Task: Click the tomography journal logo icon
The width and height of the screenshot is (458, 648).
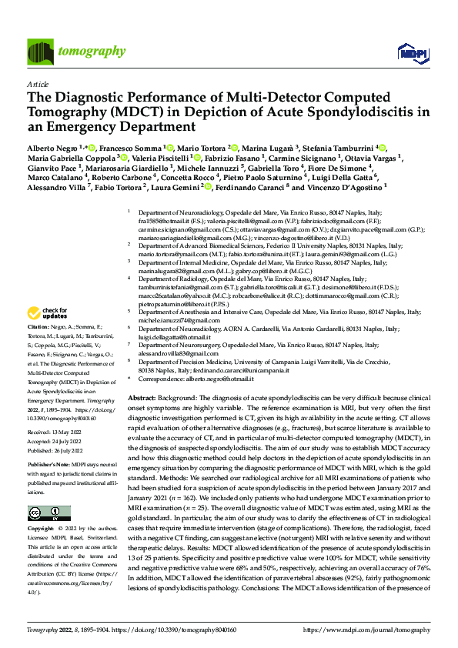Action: [x=38, y=52]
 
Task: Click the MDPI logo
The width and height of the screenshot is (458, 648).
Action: [x=408, y=52]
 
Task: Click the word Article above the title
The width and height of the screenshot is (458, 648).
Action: [x=38, y=85]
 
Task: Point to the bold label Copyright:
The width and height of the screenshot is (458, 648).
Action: [x=43, y=530]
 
